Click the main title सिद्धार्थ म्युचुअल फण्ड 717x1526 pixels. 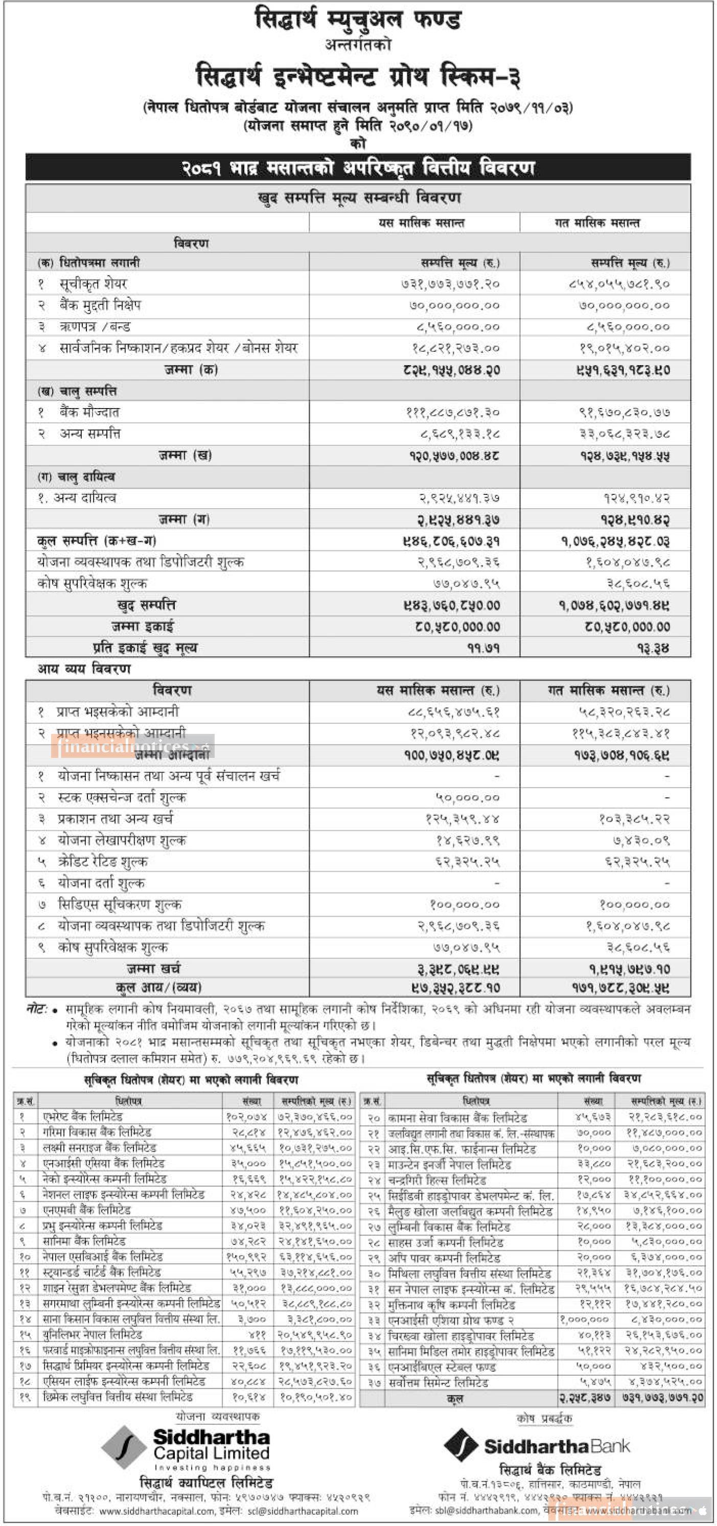pos(357,19)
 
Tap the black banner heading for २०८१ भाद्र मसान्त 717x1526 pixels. pos(357,168)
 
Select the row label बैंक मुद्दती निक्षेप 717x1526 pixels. pos(100,305)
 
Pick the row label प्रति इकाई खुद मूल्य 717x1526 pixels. pos(145,648)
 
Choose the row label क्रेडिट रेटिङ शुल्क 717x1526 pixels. pos(103,862)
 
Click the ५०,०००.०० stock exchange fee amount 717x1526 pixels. pos(468,798)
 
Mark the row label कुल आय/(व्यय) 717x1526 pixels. pos(158,987)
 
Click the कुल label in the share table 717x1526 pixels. pos(454,1398)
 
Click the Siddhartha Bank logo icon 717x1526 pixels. pos(460,1445)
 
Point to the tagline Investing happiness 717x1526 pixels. pos(212,1467)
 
